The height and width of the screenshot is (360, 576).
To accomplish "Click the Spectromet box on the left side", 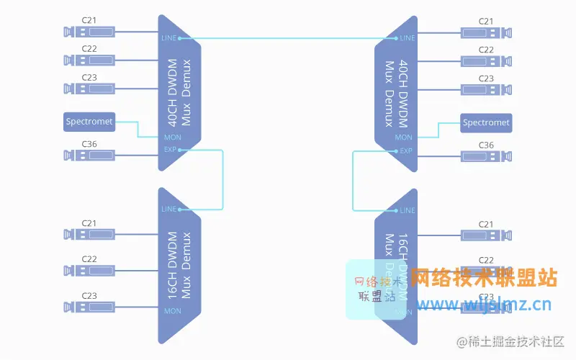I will [x=89, y=122].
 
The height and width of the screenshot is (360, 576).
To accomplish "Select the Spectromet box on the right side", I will [x=486, y=122].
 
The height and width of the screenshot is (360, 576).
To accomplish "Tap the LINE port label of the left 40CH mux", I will [x=169, y=37].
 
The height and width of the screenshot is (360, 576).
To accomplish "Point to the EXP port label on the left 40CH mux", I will [x=170, y=150].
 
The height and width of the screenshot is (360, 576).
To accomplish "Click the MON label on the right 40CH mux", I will [x=404, y=138].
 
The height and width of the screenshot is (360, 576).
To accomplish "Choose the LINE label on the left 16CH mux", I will [x=168, y=210].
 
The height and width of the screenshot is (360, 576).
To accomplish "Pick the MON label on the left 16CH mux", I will [x=173, y=311].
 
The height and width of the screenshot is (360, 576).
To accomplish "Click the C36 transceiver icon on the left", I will [x=89, y=155].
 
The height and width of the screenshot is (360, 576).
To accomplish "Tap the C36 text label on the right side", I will [x=487, y=145].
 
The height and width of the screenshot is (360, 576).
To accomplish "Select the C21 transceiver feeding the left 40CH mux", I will [x=89, y=32].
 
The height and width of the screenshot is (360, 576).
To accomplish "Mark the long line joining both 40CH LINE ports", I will [x=288, y=37].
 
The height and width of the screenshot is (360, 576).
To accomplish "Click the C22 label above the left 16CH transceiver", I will [x=89, y=258].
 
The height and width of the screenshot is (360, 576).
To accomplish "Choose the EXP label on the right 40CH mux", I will [x=406, y=150].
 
